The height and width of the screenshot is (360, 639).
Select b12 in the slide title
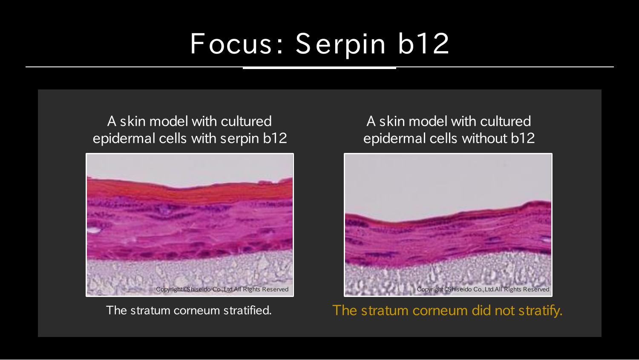click(423, 43)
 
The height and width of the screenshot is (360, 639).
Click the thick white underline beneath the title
click(319, 68)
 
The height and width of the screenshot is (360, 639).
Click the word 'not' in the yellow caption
click(504, 310)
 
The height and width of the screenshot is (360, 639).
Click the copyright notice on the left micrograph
click(222, 289)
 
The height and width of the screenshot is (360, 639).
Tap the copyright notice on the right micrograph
click(483, 289)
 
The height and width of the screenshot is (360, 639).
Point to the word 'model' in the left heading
click(169, 121)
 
